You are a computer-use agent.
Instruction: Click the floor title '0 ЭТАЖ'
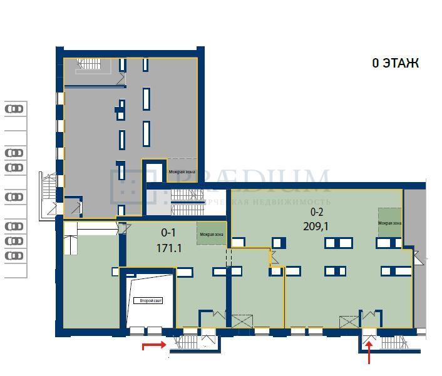tap(395, 63)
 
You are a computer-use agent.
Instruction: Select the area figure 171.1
tap(169, 248)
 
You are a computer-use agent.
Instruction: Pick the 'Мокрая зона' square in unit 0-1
tap(212, 233)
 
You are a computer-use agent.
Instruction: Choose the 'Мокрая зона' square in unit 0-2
tap(389, 222)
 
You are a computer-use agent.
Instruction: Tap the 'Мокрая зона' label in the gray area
tap(182, 171)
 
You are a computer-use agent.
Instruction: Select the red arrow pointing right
tap(154, 345)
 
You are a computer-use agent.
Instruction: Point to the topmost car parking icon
tap(14, 109)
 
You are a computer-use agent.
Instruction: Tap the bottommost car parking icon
tap(14, 256)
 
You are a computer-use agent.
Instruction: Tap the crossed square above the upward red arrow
tap(349, 322)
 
